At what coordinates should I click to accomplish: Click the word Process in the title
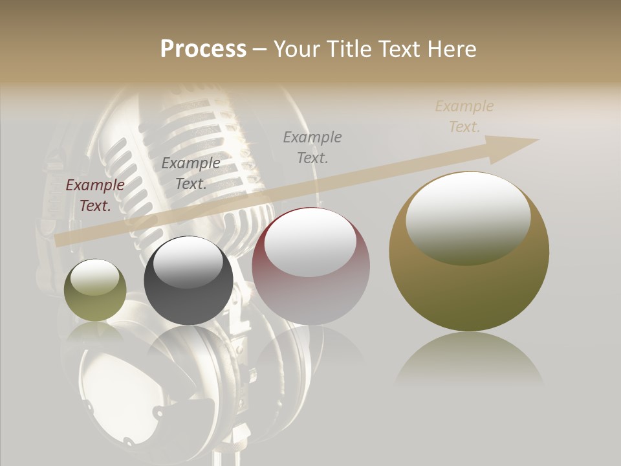(203, 49)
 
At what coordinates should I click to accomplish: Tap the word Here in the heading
(451, 49)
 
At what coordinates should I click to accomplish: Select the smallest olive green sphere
(95, 290)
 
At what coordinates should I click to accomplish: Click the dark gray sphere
(188, 281)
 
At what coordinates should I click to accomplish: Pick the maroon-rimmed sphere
(311, 267)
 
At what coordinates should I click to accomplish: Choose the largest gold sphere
(469, 252)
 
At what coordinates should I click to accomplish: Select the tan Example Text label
(464, 116)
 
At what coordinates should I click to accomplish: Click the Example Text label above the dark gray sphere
(191, 173)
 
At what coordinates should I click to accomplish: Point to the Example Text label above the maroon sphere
(312, 147)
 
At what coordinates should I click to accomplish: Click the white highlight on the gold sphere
(468, 219)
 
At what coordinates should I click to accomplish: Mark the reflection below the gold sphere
(469, 359)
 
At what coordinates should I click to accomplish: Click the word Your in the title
(296, 49)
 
